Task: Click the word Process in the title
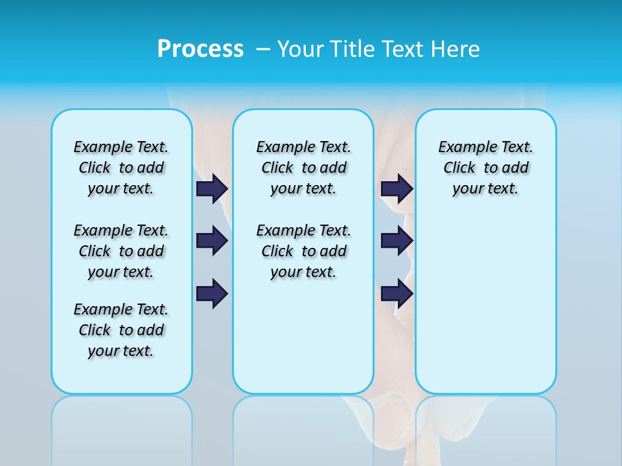click(200, 49)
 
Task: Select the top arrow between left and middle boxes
click(212, 188)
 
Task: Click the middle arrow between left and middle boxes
click(212, 241)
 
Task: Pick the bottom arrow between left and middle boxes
click(212, 294)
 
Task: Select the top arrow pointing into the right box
click(397, 188)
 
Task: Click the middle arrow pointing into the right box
click(397, 241)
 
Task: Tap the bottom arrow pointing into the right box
click(397, 294)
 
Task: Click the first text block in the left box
click(121, 168)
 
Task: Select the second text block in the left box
click(121, 251)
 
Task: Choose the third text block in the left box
click(121, 330)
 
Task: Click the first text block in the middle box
click(303, 168)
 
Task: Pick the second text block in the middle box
click(303, 251)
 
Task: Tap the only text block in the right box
click(485, 168)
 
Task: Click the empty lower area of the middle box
click(303, 337)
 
